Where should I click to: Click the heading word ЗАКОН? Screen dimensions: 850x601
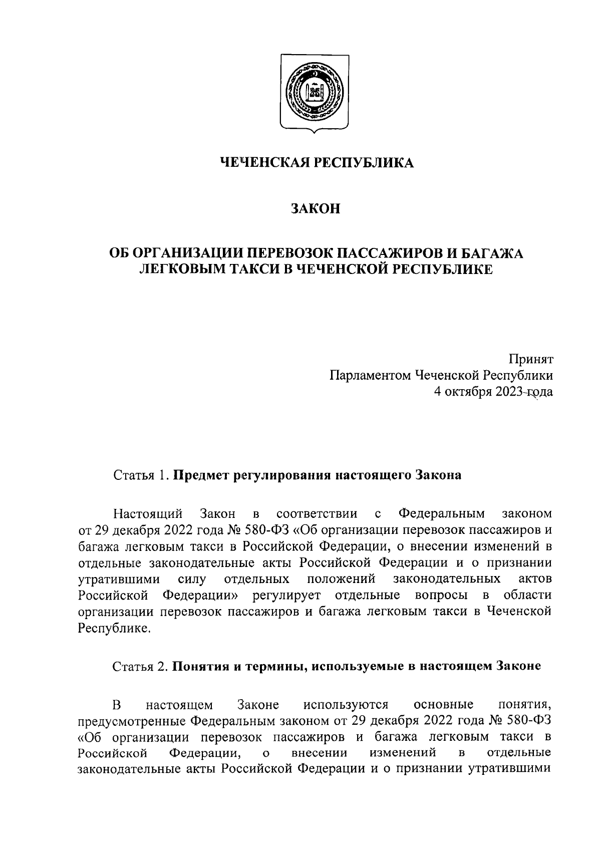(x=316, y=208)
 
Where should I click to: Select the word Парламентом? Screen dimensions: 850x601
(x=368, y=376)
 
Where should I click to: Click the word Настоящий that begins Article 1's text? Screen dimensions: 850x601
(x=147, y=514)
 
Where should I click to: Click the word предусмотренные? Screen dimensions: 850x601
(x=132, y=722)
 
